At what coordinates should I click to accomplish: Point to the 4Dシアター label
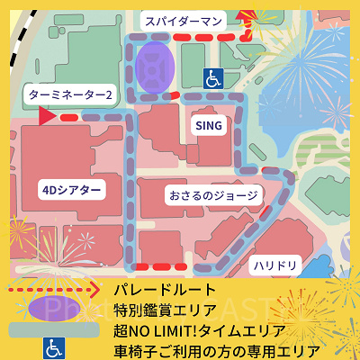(71, 189)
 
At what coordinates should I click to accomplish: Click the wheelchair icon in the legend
(54, 346)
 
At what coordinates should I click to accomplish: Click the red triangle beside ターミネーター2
(46, 116)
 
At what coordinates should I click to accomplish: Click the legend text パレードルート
(166, 290)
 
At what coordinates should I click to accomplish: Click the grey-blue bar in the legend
(54, 328)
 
